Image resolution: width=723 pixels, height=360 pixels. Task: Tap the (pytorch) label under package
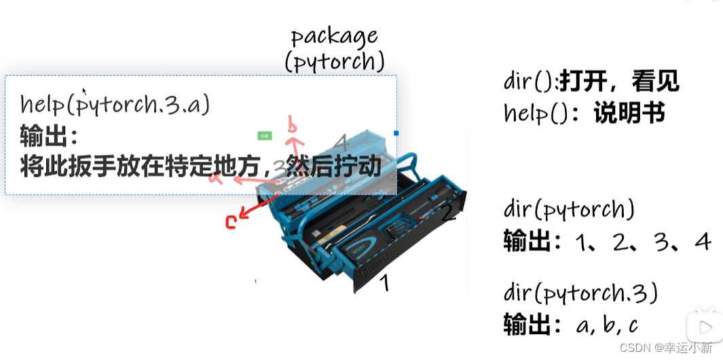[334, 62]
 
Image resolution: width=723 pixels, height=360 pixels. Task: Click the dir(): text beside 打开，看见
[531, 82]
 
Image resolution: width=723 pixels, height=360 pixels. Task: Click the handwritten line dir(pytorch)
[569, 210]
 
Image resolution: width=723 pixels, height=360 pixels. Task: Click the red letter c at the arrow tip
[230, 222]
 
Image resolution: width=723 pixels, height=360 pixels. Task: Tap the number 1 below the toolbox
[384, 282]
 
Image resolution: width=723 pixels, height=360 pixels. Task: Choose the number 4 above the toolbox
[341, 143]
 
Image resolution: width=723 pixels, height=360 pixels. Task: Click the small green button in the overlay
[265, 136]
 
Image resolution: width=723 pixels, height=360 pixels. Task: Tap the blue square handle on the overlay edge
[396, 134]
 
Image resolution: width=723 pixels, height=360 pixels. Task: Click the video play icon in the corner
[703, 325]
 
